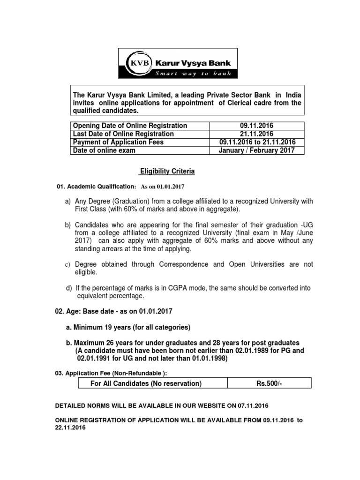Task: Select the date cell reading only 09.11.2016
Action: tap(256, 126)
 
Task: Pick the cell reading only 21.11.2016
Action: tap(256, 134)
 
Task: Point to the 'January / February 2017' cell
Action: tap(256, 150)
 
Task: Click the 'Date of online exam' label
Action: tap(104, 150)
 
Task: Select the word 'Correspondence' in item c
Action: tap(182, 264)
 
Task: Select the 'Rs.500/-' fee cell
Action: tap(269, 384)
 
